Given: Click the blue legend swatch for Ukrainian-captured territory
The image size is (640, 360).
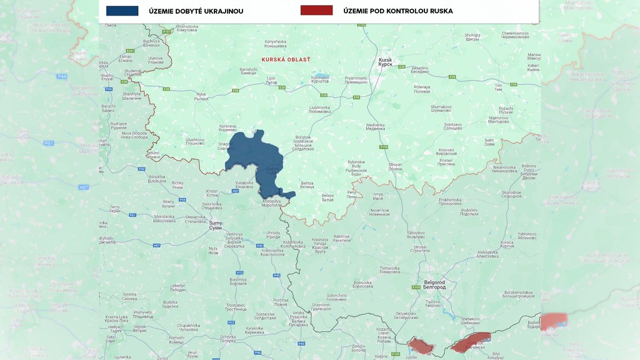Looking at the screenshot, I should click(122, 11).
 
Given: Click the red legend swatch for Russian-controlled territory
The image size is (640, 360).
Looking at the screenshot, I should click(316, 11).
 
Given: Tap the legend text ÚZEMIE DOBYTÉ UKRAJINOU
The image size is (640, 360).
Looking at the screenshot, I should click(196, 11).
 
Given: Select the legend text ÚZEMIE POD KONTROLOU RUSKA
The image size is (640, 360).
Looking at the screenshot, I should click(397, 11).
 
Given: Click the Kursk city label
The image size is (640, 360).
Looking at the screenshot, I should click(386, 62).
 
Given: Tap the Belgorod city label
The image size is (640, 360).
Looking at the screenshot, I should click(434, 284).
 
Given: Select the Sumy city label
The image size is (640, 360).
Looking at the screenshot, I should click(216, 225).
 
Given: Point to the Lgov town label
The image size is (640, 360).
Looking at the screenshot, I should click(271, 81).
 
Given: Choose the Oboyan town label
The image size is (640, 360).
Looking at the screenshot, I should click(395, 166).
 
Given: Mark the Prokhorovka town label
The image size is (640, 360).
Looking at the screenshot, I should click(449, 201).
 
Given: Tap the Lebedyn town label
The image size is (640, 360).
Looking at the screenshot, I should click(178, 289).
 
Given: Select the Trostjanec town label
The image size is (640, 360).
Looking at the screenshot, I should click(236, 307).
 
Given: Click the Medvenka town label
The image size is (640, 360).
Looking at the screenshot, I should click(376, 127).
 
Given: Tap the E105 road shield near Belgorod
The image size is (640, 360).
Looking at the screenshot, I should click(415, 287).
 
